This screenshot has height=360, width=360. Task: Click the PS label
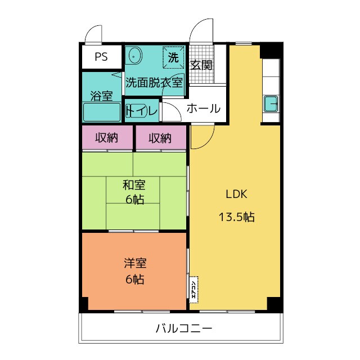click(x=101, y=56)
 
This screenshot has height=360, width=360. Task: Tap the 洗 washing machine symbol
click(x=173, y=57)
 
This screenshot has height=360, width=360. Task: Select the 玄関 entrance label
click(x=201, y=65)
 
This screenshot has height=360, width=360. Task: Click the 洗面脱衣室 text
click(x=154, y=82)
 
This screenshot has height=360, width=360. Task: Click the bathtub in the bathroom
click(x=102, y=112)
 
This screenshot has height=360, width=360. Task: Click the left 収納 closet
click(x=106, y=138)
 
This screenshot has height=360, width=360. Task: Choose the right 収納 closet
click(x=160, y=138)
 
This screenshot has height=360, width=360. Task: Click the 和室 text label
click(x=134, y=184)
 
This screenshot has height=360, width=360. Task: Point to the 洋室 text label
click(x=134, y=263)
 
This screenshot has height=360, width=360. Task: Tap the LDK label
click(x=236, y=195)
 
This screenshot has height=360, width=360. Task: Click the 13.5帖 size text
click(x=236, y=217)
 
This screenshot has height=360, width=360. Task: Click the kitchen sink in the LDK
click(x=271, y=105)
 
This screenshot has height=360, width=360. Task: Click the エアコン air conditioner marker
click(x=193, y=289)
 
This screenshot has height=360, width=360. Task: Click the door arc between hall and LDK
click(x=202, y=135)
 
